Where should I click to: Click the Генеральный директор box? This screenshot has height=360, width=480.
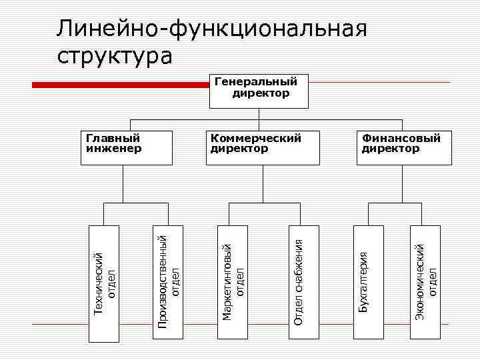261,91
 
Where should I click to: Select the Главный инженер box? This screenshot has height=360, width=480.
128,148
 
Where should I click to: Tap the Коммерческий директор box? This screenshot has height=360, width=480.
261,148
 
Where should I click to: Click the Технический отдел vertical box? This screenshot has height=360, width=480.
105,283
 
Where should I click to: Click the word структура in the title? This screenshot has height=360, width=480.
114,55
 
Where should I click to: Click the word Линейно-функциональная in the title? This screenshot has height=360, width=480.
212,30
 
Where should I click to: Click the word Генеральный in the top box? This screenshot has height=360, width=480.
255,82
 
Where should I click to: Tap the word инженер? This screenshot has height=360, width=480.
114,149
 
